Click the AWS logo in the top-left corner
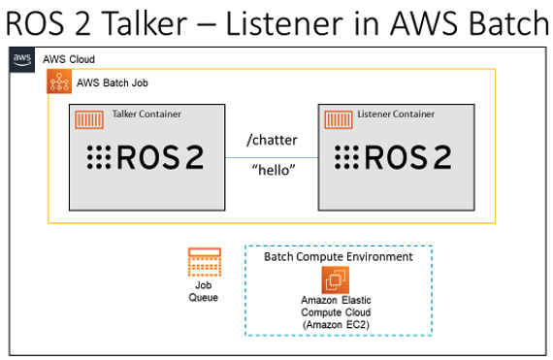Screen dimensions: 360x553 point(22,59)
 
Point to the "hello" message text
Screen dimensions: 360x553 point(273,172)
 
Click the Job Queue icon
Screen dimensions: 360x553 point(204,263)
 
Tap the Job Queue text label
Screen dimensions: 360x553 point(204,291)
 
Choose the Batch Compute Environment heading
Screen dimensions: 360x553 point(338,257)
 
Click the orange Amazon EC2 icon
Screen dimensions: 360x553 point(338,281)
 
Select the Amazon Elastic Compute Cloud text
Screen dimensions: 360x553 point(338,312)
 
